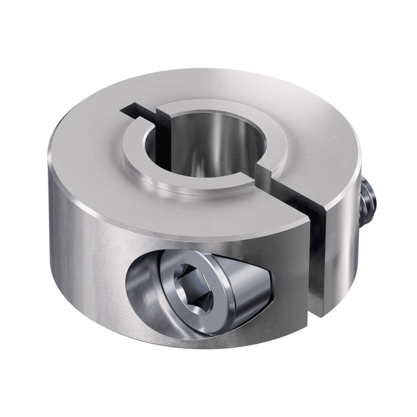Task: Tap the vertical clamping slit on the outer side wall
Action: click(x=319, y=259)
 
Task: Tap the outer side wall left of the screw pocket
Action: click(x=83, y=259)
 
